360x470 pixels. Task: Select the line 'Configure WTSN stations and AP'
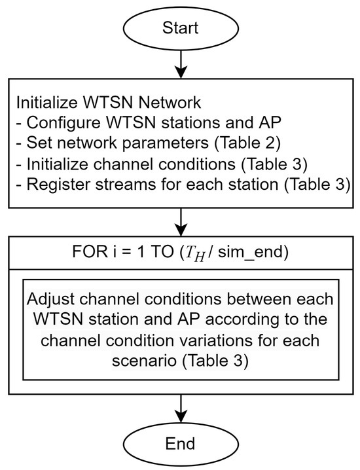pos(113,124)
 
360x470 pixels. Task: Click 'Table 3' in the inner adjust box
pos(189,359)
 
